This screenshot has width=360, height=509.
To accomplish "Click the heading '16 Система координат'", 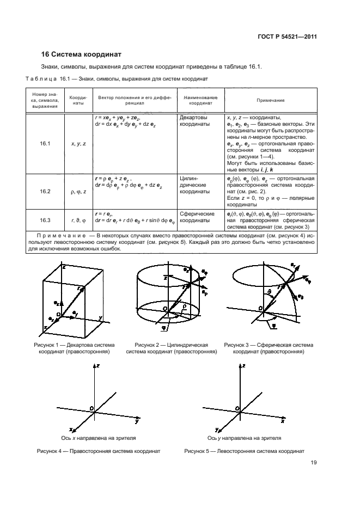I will coord(82,54).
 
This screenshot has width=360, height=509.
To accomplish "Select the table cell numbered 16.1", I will coord(45,144).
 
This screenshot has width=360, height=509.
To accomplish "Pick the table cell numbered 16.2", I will coord(45,192).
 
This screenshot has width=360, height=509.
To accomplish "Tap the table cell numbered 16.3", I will coord(45,220).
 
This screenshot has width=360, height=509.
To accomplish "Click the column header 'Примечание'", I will coord(271,100).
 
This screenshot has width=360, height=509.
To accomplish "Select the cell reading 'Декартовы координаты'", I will coord(193,120).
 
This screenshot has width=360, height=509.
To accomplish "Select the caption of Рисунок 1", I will coord(75,348).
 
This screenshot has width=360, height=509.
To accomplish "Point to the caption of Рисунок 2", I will coord(172,348).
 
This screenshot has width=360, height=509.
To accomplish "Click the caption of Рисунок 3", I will coord(269,348).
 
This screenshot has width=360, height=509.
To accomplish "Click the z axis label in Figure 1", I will coord(64,268).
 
